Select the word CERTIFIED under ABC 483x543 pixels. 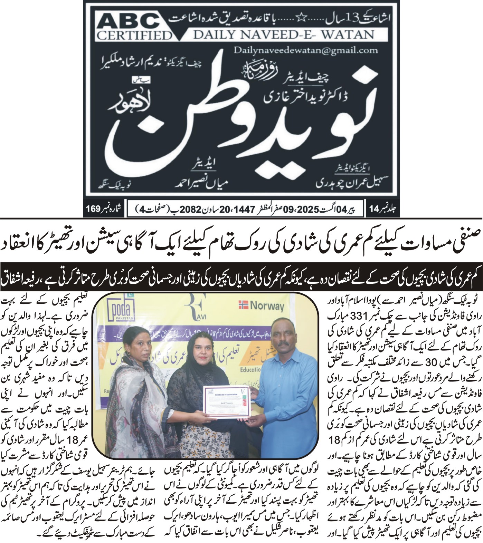(134, 36)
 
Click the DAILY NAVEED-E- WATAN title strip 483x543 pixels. (283, 35)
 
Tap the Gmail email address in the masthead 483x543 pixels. (305, 50)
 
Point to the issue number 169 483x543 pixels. (93, 209)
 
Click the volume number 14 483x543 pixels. (375, 209)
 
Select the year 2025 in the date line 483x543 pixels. (308, 210)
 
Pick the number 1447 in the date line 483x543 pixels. (244, 210)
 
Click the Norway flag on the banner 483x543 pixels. (243, 305)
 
